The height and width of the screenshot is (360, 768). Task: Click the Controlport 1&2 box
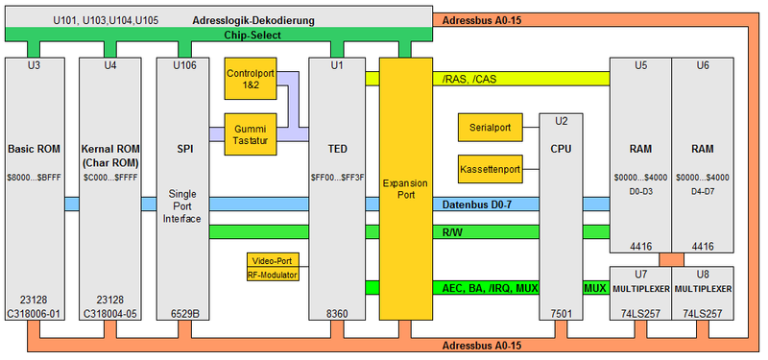pos(250,80)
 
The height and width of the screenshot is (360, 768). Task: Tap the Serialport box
pos(490,126)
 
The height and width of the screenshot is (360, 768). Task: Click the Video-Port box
pos(273,260)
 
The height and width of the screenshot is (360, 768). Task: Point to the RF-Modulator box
pos(273,275)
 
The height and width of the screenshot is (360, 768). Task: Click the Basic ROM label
pos(35,149)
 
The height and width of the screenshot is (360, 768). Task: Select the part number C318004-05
pos(112,312)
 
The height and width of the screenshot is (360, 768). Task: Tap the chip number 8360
pos(337,312)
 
